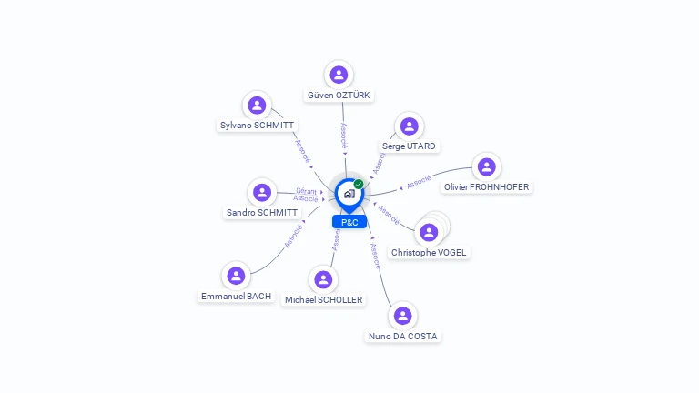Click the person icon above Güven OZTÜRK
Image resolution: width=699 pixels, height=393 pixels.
(339, 75)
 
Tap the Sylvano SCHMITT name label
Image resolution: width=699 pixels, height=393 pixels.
(258, 126)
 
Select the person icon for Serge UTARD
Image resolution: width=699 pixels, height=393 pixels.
(409, 126)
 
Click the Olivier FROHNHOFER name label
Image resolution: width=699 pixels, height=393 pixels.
(486, 187)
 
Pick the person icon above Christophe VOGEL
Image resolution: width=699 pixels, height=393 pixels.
(429, 232)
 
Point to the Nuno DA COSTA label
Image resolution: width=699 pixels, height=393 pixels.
(402, 337)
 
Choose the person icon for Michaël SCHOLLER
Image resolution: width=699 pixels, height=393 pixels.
(322, 279)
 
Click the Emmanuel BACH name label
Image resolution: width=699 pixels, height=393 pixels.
(236, 297)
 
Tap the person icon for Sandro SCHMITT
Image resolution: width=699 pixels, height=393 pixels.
(262, 192)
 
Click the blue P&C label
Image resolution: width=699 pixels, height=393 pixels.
(349, 222)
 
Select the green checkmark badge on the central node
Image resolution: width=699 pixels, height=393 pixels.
(359, 184)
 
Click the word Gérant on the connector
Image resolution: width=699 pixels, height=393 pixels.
(306, 191)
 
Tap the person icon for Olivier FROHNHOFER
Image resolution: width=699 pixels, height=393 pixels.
(486, 166)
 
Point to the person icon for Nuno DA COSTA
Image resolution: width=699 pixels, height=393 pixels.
(402, 316)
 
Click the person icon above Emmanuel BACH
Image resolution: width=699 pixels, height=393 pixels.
(236, 276)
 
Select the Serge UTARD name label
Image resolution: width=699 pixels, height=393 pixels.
(409, 146)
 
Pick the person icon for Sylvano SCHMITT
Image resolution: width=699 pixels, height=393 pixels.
(258, 105)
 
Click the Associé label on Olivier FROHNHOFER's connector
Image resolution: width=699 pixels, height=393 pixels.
(419, 183)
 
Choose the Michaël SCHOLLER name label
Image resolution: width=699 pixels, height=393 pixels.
(322, 300)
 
